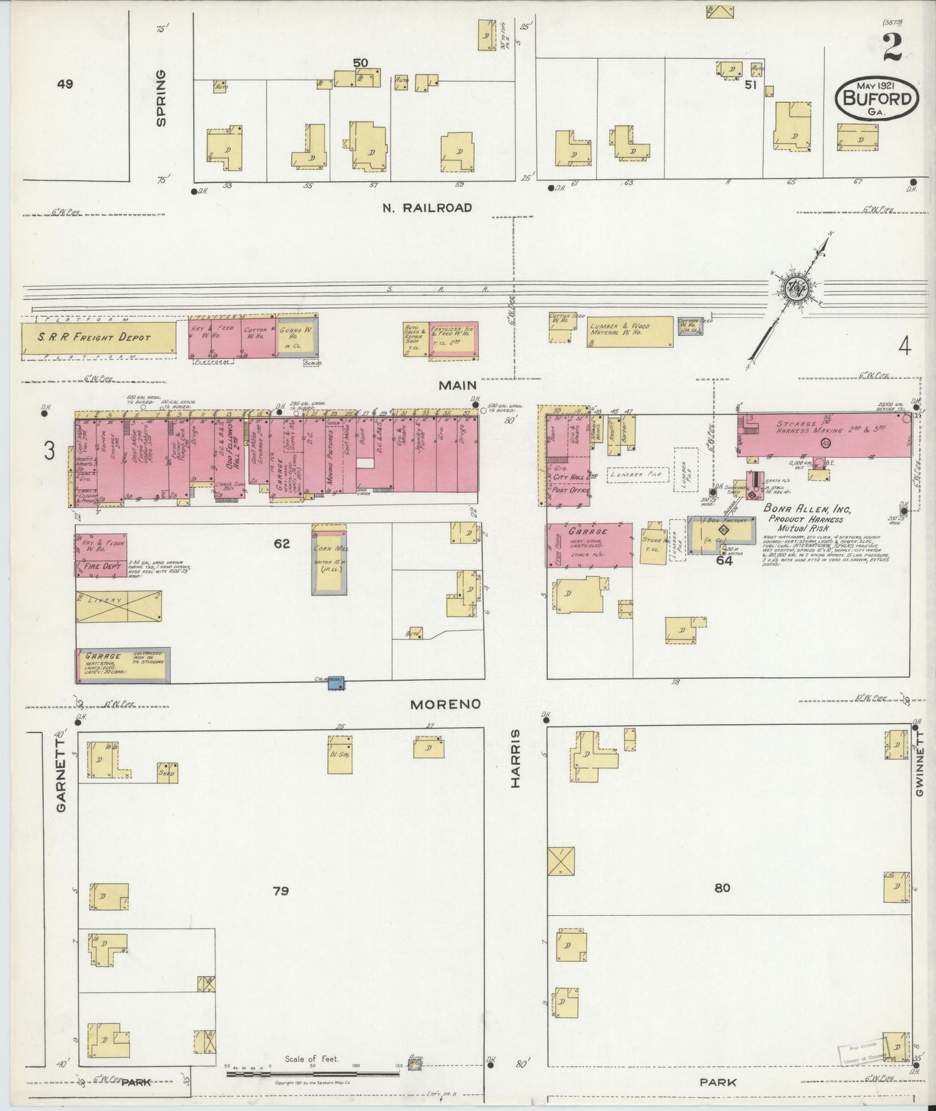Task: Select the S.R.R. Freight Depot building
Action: (98, 338)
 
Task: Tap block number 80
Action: (722, 888)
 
